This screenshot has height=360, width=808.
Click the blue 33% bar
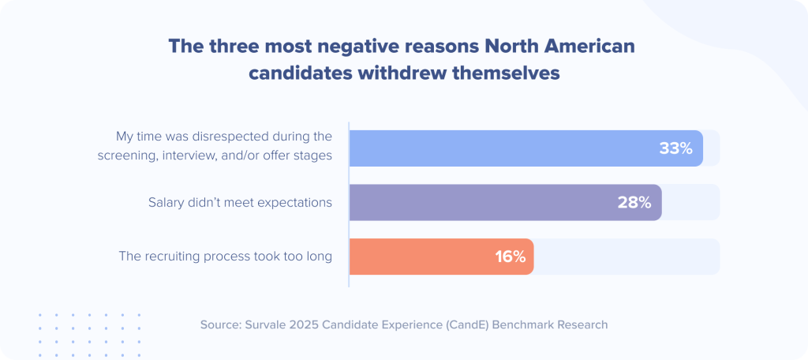pyautogui.click(x=505, y=148)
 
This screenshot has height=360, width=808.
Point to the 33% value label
pyautogui.click(x=675, y=148)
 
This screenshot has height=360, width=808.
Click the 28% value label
pyautogui.click(x=634, y=202)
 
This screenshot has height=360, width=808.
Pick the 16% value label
pyautogui.click(x=511, y=257)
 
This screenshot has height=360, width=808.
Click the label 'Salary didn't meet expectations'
pyautogui.click(x=240, y=202)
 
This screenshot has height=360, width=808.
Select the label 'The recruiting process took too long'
pyautogui.click(x=225, y=257)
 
